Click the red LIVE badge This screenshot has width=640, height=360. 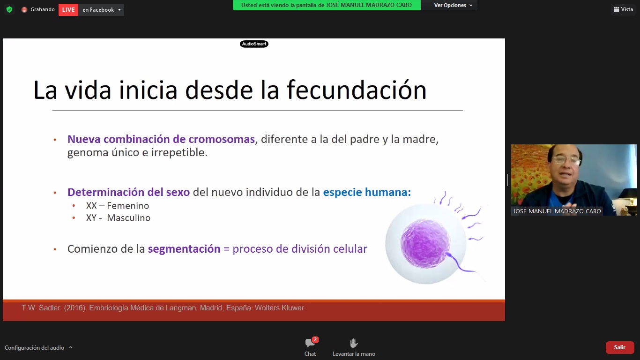pyautogui.click(x=68, y=10)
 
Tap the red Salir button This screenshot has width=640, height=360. pyautogui.click(x=620, y=347)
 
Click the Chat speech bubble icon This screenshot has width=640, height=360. pyautogui.click(x=310, y=343)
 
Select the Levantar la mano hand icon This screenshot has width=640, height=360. pyautogui.click(x=354, y=343)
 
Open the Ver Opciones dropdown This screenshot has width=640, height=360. pyautogui.click(x=453, y=5)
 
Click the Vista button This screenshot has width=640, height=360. pyautogui.click(x=624, y=9)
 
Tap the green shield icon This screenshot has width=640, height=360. pyautogui.click(x=9, y=10)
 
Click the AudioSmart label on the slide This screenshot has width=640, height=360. pyautogui.click(x=254, y=44)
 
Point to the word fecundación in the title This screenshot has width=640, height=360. pyautogui.click(x=357, y=90)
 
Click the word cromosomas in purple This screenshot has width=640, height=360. pyautogui.click(x=222, y=139)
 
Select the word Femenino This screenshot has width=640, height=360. pyautogui.click(x=128, y=206)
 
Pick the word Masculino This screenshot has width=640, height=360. pyautogui.click(x=128, y=218)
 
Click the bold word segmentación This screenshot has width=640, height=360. pyautogui.click(x=184, y=249)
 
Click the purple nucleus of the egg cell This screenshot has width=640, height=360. pyautogui.click(x=425, y=243)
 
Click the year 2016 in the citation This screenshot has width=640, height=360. pyautogui.click(x=74, y=308)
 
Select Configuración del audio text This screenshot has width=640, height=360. pyautogui.click(x=34, y=348)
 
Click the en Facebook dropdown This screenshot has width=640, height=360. pyautogui.click(x=101, y=10)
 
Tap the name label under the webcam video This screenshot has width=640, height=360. pyautogui.click(x=557, y=211)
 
